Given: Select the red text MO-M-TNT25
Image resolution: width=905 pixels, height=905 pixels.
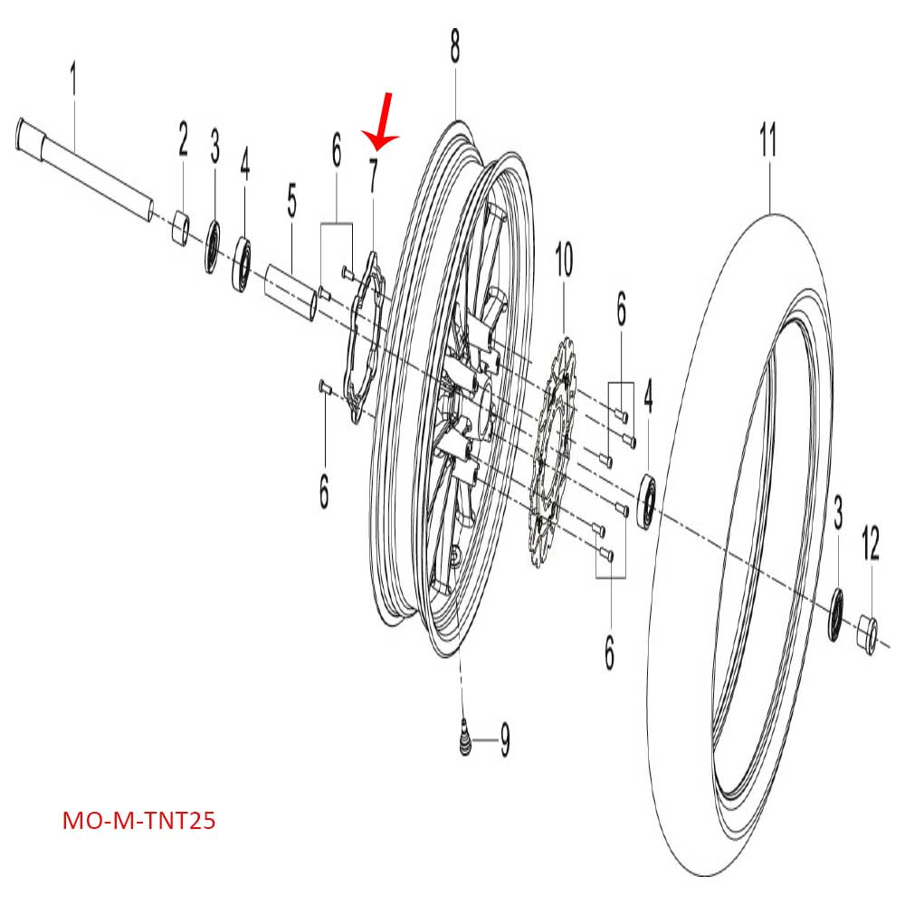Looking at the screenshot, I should (x=138, y=822).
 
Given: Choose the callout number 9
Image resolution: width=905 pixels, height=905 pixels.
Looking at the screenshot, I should (x=504, y=742).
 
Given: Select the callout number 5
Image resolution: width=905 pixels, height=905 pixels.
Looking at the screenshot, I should (x=291, y=202).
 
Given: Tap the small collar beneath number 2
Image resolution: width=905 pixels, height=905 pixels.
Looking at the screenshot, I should (x=182, y=229).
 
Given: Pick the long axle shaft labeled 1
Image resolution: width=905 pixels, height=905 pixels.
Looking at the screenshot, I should (x=86, y=172).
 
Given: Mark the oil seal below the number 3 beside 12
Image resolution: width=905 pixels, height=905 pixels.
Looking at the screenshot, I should (x=837, y=615).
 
